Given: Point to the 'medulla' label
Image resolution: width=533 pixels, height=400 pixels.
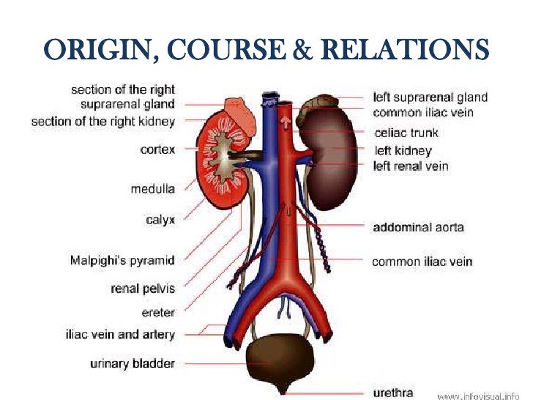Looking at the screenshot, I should coord(152,188).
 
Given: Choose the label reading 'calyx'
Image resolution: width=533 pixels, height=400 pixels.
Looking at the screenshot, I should coord(160,219).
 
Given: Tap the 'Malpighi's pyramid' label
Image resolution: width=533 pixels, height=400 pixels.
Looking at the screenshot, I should coord(122,260).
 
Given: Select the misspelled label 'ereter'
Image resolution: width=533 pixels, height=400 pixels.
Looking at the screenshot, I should coord(158,313).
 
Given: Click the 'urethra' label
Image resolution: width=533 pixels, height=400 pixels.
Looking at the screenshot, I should coord(393,393).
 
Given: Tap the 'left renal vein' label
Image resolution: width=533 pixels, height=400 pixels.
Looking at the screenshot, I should coord(411,166).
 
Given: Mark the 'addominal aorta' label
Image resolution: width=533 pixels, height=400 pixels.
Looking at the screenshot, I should coord(418,228).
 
